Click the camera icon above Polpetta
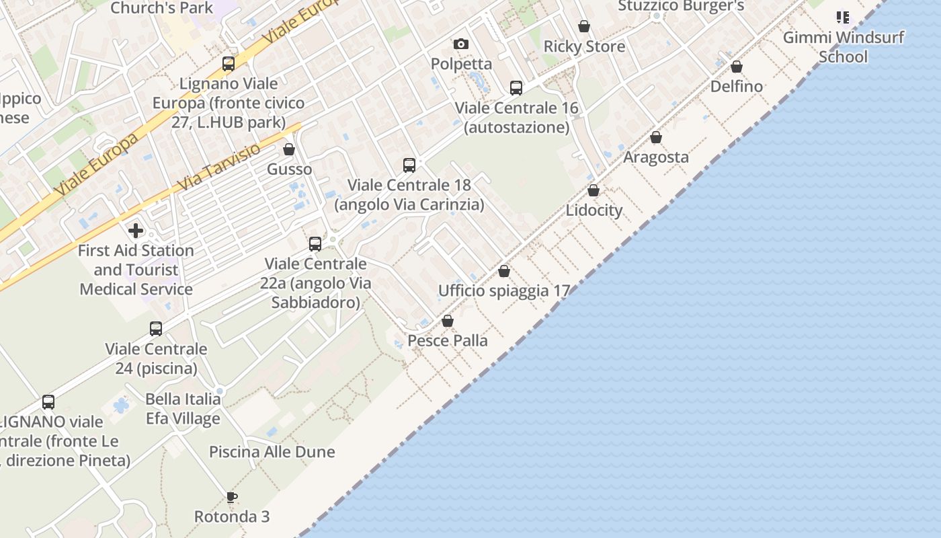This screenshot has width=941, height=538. (x=461, y=44)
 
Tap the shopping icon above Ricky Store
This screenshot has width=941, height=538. (x=584, y=26)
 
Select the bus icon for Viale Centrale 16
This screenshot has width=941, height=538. (x=516, y=88)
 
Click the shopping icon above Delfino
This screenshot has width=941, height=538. (x=737, y=67)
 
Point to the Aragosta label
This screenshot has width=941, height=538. (x=656, y=157)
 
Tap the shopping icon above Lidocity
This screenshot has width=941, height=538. (x=594, y=190)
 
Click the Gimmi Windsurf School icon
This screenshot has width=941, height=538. (x=843, y=17)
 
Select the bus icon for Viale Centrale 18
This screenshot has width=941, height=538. (x=409, y=165)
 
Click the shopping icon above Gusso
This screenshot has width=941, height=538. (x=289, y=149)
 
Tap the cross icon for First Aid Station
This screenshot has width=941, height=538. (x=136, y=231)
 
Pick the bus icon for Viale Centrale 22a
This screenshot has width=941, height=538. (x=315, y=244)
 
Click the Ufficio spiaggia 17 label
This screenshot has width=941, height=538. (x=504, y=291)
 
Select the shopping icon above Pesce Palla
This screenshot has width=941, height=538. (x=448, y=321)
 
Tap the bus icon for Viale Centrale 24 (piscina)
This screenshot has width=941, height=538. (x=156, y=329)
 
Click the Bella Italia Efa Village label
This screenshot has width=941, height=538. (x=183, y=409)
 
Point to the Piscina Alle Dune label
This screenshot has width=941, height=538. (x=272, y=452)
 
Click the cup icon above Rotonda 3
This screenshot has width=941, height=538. (x=232, y=497)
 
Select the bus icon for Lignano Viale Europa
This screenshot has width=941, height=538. (x=229, y=64)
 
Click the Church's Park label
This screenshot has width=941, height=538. (x=161, y=8)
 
